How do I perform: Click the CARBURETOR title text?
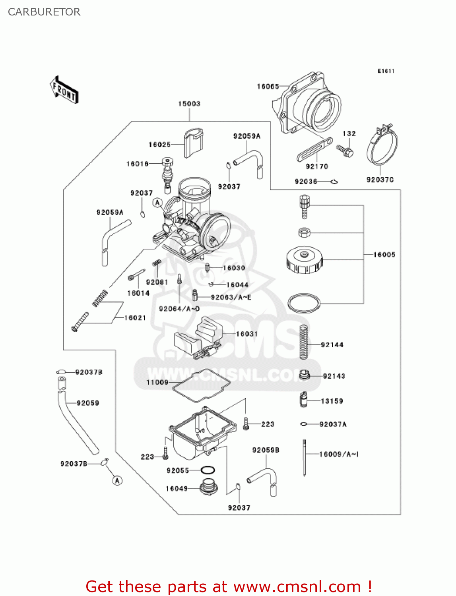pyautogui.click(x=44, y=12)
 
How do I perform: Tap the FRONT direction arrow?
pyautogui.click(x=64, y=90)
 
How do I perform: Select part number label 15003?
pyautogui.click(x=189, y=104)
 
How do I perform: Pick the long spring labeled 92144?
pyautogui.click(x=304, y=342)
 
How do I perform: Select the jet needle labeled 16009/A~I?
pyautogui.click(x=305, y=457)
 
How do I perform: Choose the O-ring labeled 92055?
pyautogui.click(x=208, y=470)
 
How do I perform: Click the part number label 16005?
pyautogui.click(x=384, y=255)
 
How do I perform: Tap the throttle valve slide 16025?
pyautogui.click(x=193, y=142)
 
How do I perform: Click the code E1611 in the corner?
pyautogui.click(x=386, y=71)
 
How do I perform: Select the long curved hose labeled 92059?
pyautogui.click(x=78, y=423)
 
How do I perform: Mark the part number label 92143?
pyautogui.click(x=334, y=376)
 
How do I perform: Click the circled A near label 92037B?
pyautogui.click(x=117, y=481)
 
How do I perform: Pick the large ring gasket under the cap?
pyautogui.click(x=304, y=304)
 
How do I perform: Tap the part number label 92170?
pyautogui.click(x=317, y=166)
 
